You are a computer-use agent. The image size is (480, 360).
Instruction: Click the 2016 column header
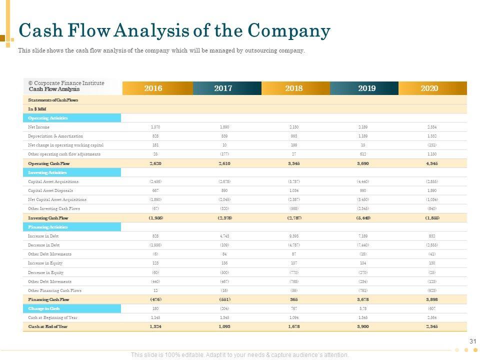153,88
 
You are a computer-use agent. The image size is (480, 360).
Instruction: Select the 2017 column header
223,88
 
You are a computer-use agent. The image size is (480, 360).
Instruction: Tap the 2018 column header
294,88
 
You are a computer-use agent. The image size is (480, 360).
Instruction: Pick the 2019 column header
366,88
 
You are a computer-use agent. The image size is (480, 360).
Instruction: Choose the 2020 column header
429,88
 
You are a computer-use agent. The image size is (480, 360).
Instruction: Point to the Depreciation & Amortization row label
55,136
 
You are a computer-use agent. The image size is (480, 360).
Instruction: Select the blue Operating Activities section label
48,118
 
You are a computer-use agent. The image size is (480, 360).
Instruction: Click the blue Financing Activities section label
48,227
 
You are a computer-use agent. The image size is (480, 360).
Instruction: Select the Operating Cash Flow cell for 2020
431,163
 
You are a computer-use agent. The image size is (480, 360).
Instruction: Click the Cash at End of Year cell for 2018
294,326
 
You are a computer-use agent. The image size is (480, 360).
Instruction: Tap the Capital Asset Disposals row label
50,190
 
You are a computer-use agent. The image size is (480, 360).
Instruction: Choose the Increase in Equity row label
45,263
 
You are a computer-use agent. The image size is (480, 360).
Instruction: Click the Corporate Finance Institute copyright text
66,83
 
